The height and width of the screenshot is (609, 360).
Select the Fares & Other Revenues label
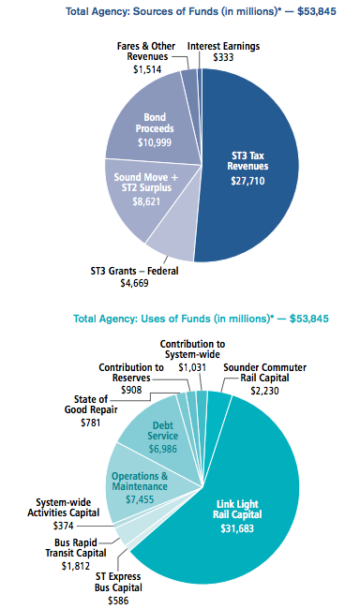click(148, 51)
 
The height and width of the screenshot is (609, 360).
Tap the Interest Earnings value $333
click(223, 57)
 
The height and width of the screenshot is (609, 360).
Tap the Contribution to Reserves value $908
click(132, 389)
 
